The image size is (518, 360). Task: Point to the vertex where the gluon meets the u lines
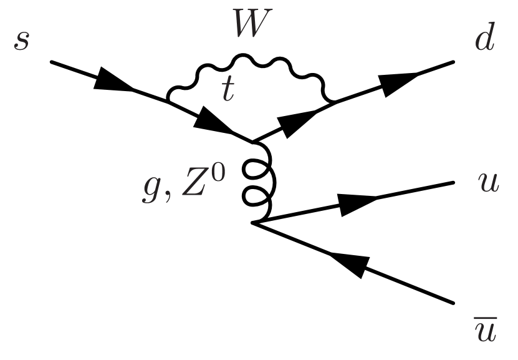tap(252, 223)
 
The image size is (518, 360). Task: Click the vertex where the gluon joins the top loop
tap(251, 140)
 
